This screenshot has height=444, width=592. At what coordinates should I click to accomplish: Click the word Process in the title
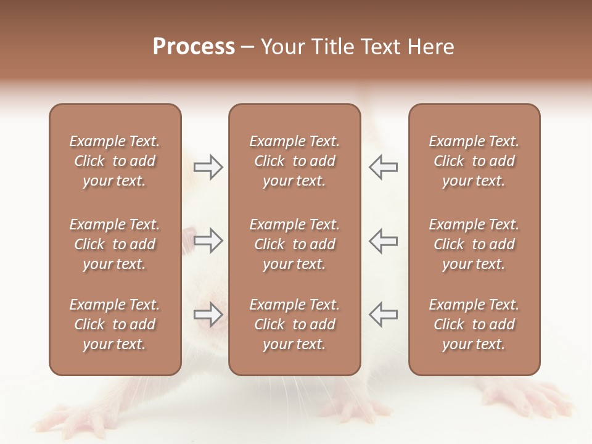pos(194,47)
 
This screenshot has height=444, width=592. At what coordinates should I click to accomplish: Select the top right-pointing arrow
pos(208,167)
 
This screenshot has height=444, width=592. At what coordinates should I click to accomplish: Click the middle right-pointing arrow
pos(208,240)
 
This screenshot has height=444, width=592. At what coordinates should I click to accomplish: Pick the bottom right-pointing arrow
pos(208,314)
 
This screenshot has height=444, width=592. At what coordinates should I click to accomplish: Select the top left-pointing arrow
pos(383,167)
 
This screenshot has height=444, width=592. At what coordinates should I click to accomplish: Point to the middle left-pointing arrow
pos(383,240)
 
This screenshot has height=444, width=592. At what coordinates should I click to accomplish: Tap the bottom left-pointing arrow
pos(383,314)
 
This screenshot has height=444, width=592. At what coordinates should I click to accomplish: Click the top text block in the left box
pos(115,161)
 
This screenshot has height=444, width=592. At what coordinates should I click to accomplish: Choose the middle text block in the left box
pos(115,244)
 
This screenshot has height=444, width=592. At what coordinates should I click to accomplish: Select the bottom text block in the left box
pos(115,324)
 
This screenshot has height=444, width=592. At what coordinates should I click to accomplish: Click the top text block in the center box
pos(294,161)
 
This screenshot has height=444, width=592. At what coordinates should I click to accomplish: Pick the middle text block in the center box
pos(294,244)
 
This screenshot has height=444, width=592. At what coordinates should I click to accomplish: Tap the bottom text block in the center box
pos(294,324)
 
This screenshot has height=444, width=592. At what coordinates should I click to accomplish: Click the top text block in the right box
pos(474,161)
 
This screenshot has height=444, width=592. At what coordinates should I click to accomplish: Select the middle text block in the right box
pos(474,244)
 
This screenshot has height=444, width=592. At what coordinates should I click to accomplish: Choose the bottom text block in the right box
pos(474,324)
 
